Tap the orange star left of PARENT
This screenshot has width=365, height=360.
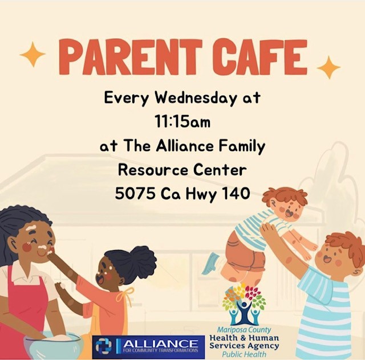tap(33, 55)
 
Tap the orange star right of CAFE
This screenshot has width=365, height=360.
tap(328, 67)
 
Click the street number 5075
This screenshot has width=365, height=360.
tap(135, 194)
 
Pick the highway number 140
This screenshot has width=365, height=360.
tap(233, 194)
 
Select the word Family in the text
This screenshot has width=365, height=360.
tap(240, 146)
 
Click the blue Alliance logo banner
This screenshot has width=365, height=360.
tap(148, 346)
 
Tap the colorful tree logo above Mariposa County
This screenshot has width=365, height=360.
tap(244, 304)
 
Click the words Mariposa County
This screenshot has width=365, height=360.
tap(244, 330)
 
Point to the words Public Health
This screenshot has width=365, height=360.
tap(244, 354)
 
